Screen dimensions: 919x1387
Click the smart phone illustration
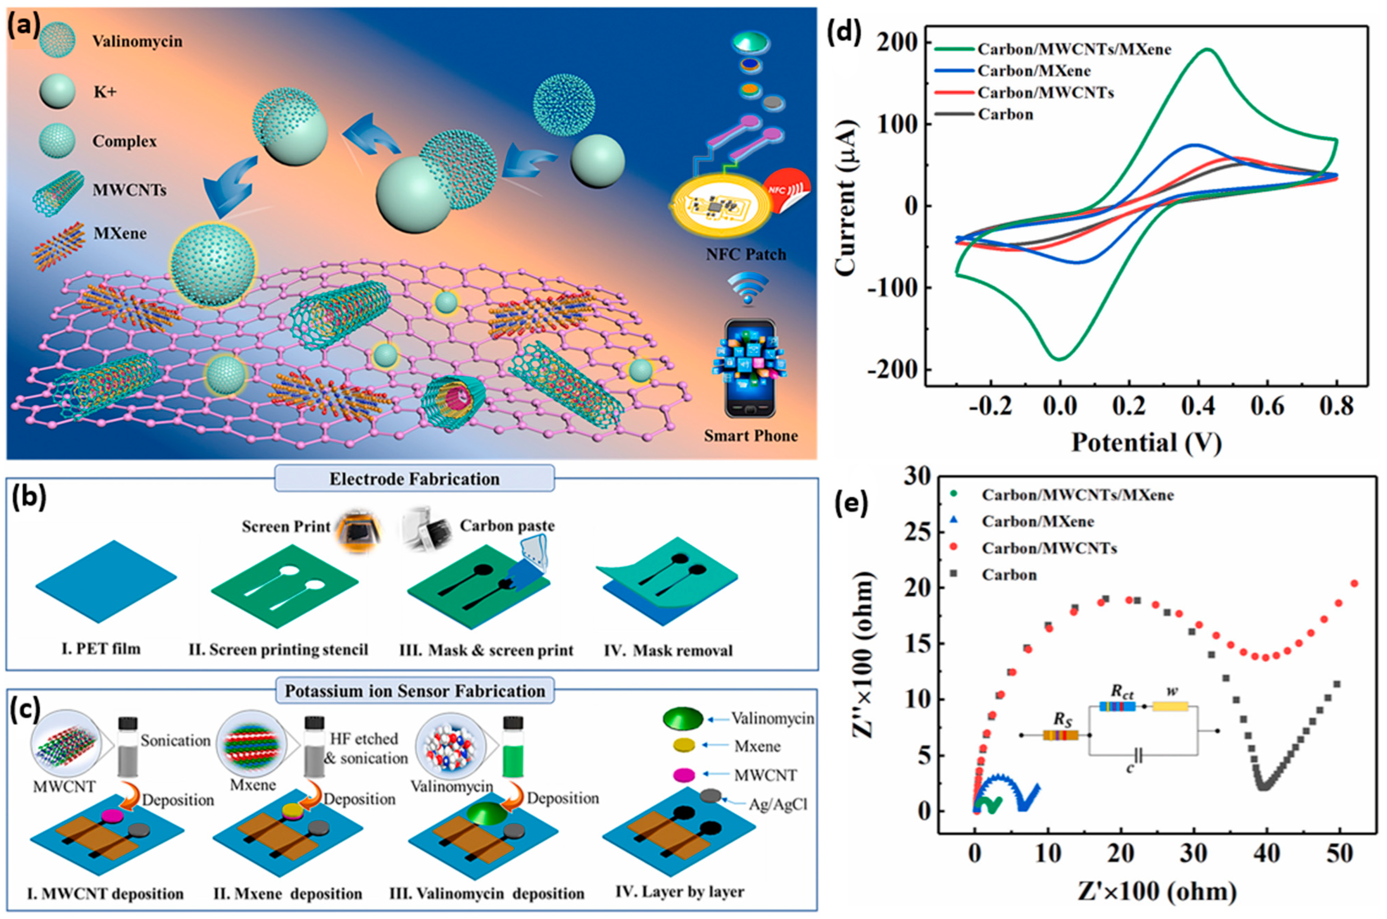coord(750,368)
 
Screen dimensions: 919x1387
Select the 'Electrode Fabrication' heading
coord(414,479)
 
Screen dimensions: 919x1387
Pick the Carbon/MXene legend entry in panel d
coord(1034,71)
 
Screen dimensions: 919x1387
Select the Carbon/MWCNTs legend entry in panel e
coord(1049,548)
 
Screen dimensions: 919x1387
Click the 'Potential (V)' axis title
coord(1146,443)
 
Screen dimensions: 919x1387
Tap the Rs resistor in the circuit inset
coord(1060,735)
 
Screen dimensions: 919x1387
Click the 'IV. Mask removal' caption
coord(668,651)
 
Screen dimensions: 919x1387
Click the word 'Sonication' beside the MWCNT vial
coord(175,740)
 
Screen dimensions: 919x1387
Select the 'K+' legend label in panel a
coord(104,91)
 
